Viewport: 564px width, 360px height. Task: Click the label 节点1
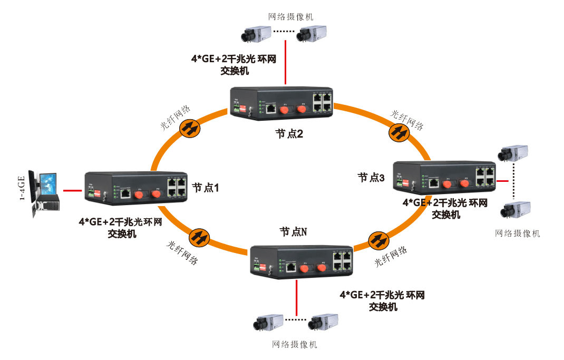pos(205,187)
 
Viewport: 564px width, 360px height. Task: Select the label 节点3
pos(371,178)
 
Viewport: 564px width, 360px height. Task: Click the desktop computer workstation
pos(44,192)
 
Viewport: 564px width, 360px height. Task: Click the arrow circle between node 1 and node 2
pos(190,128)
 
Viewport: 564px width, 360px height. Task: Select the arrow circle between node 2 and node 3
pos(399,132)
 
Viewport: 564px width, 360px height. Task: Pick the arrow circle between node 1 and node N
pos(199,237)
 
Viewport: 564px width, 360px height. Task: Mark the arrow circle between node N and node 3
pos(377,240)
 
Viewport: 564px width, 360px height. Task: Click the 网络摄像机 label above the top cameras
pos(291,16)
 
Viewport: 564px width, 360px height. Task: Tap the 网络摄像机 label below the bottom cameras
pos(295,345)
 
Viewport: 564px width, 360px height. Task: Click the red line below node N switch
pos(297,296)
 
